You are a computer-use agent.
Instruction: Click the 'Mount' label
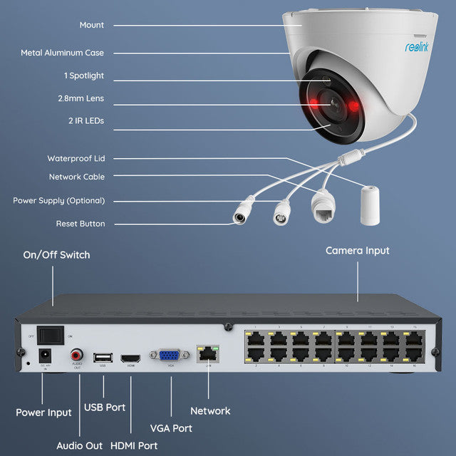[92, 25]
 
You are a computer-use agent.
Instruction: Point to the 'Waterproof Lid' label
[76, 158]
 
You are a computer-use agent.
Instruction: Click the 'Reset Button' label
[81, 224]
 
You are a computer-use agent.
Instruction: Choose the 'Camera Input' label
[358, 251]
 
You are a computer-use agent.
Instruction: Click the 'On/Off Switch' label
[56, 254]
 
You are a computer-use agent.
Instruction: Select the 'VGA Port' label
[172, 428]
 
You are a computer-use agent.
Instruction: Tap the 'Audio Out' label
[79, 445]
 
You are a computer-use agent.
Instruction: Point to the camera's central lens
[331, 105]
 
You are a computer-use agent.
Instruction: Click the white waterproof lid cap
[370, 205]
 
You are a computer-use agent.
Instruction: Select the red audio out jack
[76, 354]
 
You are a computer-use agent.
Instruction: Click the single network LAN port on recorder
[208, 352]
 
